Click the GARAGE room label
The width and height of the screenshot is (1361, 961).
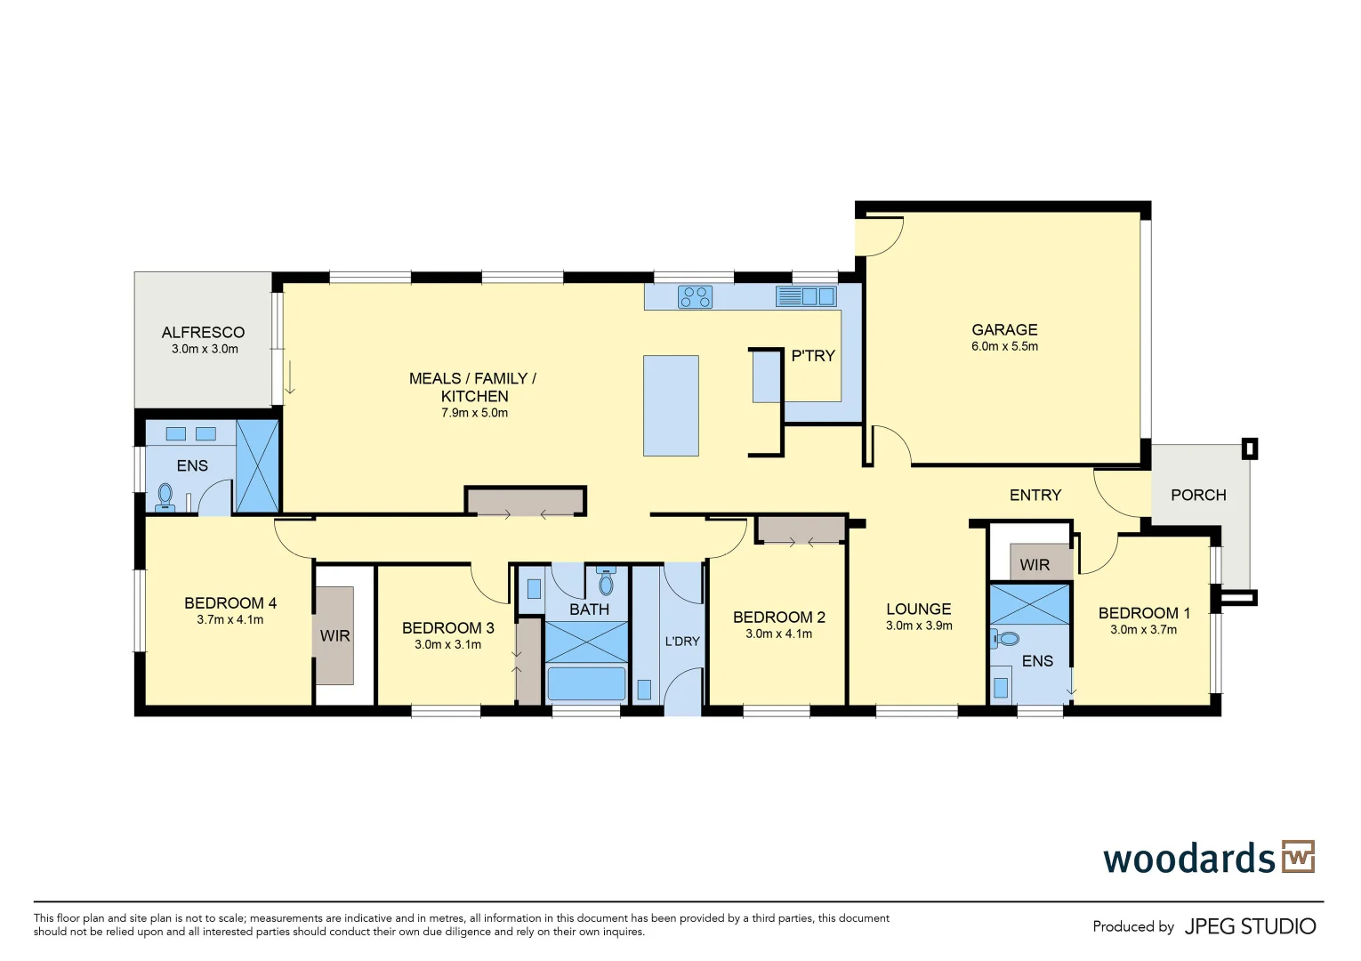click(x=1004, y=329)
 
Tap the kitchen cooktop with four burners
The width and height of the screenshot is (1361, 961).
click(x=695, y=296)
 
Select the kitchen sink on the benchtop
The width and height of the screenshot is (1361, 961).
click(x=806, y=296)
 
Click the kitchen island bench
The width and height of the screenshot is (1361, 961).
click(x=671, y=406)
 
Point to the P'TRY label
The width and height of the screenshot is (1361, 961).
click(x=813, y=356)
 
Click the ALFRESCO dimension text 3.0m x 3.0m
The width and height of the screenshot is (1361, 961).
click(x=205, y=350)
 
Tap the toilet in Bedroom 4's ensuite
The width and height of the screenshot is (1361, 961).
click(x=165, y=496)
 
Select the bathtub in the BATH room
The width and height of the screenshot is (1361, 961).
click(x=586, y=683)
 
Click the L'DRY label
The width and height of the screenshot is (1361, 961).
click(x=682, y=641)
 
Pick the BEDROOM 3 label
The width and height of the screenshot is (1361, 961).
click(x=447, y=628)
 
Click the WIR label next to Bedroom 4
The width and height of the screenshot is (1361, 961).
click(x=334, y=636)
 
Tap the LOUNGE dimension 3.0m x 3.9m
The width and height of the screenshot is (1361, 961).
click(x=919, y=626)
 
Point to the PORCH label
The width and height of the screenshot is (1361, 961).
click(x=1198, y=495)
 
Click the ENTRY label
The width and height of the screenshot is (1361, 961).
click(x=1035, y=495)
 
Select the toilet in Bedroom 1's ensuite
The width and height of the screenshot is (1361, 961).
click(x=1006, y=639)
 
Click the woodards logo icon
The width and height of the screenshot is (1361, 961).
click(x=1298, y=857)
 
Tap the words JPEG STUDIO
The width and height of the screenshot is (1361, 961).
click(x=1250, y=926)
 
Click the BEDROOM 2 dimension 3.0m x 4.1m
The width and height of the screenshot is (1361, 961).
click(x=778, y=634)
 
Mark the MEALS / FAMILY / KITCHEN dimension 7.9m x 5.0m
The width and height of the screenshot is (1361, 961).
click(x=474, y=413)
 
